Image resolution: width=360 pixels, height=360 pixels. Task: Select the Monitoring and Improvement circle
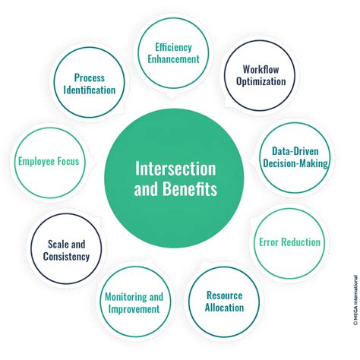pos(133,302)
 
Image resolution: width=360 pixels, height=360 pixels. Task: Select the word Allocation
pos(224,308)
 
